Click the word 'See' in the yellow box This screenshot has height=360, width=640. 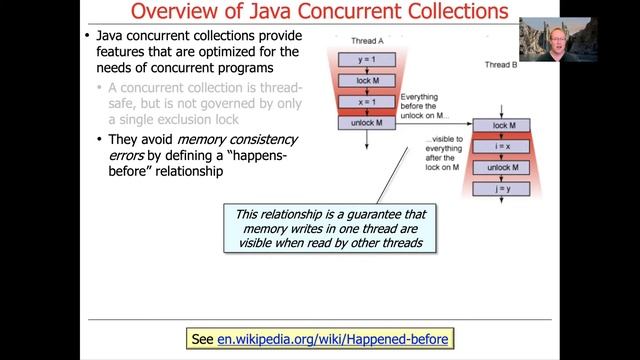[202, 340]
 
